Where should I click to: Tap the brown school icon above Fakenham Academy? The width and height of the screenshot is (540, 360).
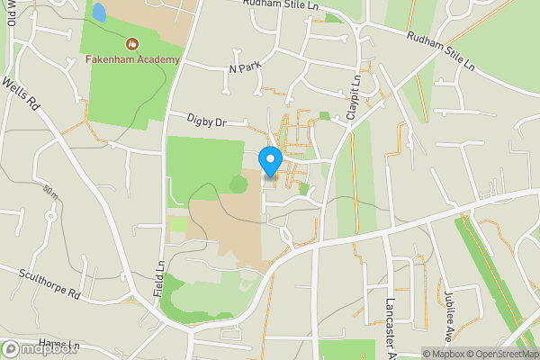click(x=132, y=43)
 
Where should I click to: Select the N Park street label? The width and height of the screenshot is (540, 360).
click(x=244, y=68)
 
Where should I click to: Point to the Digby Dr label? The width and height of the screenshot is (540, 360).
click(x=205, y=121)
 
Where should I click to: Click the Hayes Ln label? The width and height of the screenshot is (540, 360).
click(x=58, y=346)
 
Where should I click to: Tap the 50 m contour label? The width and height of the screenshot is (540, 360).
click(x=50, y=195)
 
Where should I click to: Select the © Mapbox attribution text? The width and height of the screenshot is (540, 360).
click(x=443, y=354)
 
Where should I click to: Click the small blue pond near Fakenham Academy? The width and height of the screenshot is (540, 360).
click(x=99, y=13)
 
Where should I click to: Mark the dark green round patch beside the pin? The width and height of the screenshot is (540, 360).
click(x=238, y=184)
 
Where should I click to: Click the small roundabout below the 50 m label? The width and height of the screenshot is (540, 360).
click(x=51, y=216)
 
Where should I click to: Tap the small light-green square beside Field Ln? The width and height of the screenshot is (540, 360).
click(x=179, y=224)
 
